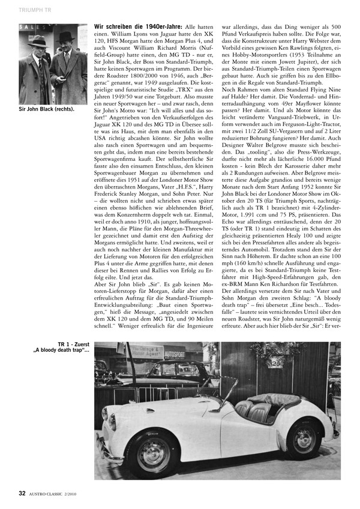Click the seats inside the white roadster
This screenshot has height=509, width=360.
[252, 409]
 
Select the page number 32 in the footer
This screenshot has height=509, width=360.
[22, 493]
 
